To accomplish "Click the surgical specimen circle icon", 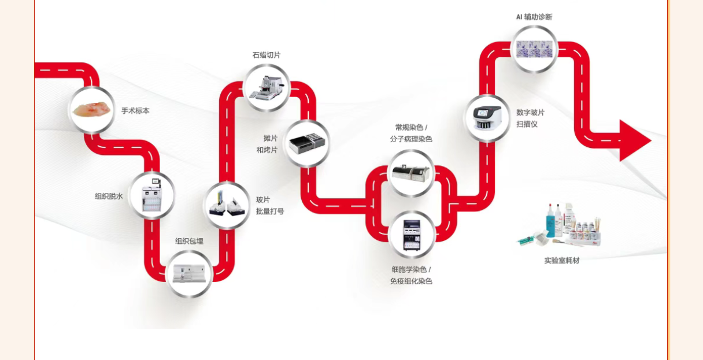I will click(91, 109).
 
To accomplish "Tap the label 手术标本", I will click(135, 110).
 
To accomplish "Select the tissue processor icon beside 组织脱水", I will click(151, 195).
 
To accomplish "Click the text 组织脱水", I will click(109, 196).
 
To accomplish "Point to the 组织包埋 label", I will click(189, 241).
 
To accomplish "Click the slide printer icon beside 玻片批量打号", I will click(227, 205).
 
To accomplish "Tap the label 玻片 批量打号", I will click(270, 205).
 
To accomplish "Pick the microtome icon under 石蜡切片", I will click(266, 87).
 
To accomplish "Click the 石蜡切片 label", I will click(266, 55).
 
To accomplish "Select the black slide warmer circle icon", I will click(307, 144).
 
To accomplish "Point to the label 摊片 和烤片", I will click(267, 144).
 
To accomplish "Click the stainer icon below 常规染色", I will click(411, 173).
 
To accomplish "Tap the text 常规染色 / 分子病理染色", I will click(411, 133).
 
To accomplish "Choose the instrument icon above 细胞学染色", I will click(412, 234).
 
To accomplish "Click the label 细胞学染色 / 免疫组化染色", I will click(411, 275).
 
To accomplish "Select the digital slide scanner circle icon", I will click(487, 118).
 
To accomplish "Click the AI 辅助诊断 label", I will click(534, 17).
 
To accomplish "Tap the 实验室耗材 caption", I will click(561, 260).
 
